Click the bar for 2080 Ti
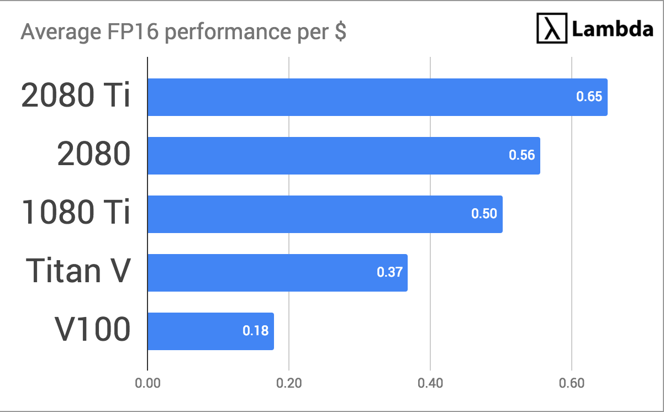pyautogui.click(x=377, y=97)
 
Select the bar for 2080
pyautogui.click(x=344, y=156)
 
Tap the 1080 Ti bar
pyautogui.click(x=325, y=214)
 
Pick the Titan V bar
pyautogui.click(x=277, y=273)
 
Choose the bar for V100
pyautogui.click(x=210, y=331)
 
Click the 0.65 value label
pyautogui.click(x=589, y=97)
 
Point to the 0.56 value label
pyautogui.click(x=521, y=155)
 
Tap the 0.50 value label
pyautogui.click(x=484, y=214)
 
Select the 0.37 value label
pyautogui.click(x=389, y=272)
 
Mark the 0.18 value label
pyautogui.click(x=255, y=331)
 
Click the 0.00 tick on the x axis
pyautogui.click(x=147, y=383)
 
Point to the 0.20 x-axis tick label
pyautogui.click(x=289, y=383)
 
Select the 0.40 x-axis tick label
pyautogui.click(x=430, y=383)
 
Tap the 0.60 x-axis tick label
pyautogui.click(x=572, y=383)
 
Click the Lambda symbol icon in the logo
pyautogui.click(x=552, y=29)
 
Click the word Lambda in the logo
pyautogui.click(x=613, y=29)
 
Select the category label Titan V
pyautogui.click(x=79, y=271)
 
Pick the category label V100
pyautogui.click(x=92, y=330)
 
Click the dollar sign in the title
pyautogui.click(x=340, y=33)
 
